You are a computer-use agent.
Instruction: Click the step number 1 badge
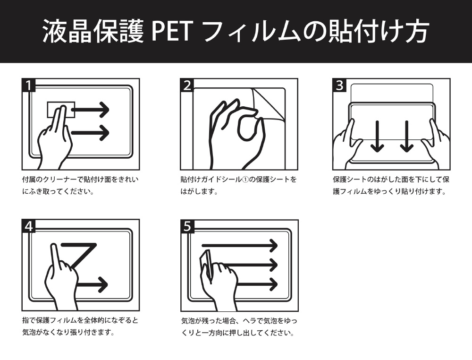pyautogui.click(x=29, y=85)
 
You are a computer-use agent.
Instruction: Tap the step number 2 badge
pyautogui.click(x=187, y=85)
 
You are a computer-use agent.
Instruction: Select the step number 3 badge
pyautogui.click(x=339, y=85)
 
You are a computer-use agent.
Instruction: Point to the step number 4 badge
pyautogui.click(x=29, y=226)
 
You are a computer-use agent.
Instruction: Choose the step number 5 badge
pyautogui.click(x=187, y=226)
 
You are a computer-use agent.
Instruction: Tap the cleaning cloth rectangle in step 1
pyautogui.click(x=61, y=110)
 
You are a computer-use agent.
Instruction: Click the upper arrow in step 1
pyautogui.click(x=90, y=110)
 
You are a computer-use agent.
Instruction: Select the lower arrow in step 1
pyautogui.click(x=90, y=133)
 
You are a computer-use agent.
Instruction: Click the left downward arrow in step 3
pyautogui.click(x=377, y=137)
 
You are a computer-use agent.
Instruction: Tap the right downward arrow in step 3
pyautogui.click(x=407, y=137)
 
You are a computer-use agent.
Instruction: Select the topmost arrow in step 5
pyautogui.click(x=239, y=246)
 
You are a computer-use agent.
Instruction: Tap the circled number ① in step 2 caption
pyautogui.click(x=246, y=180)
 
